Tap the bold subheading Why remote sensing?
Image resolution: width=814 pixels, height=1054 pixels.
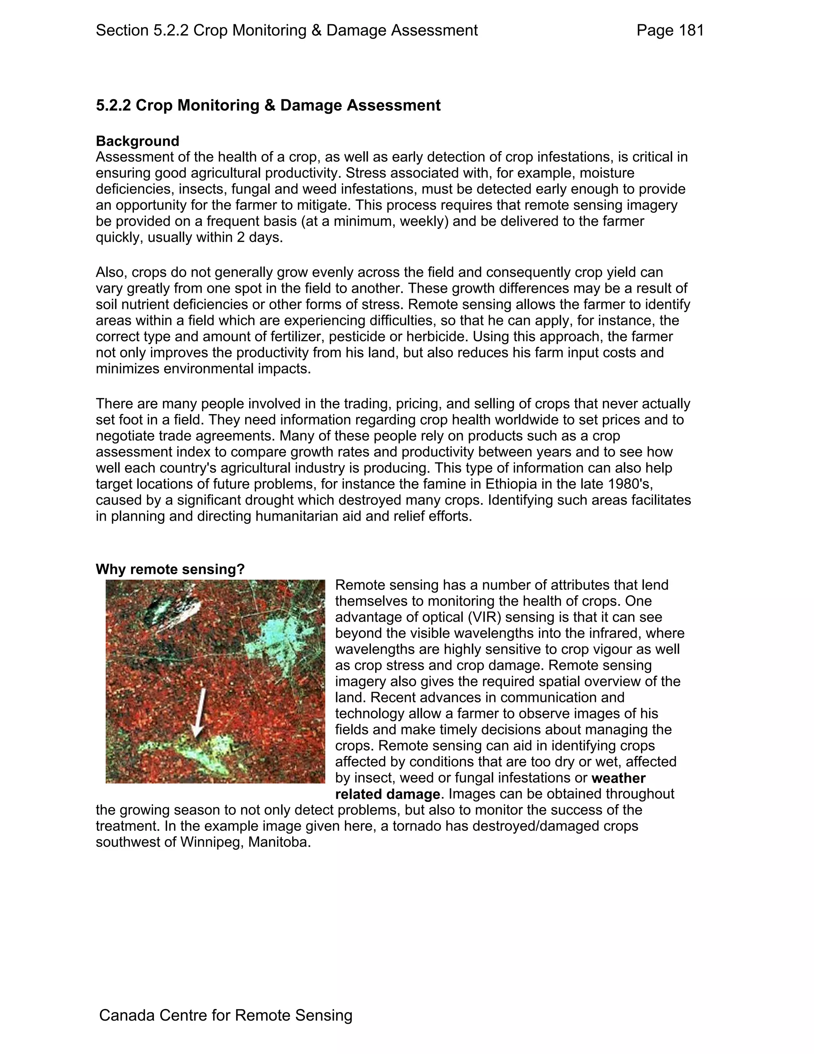point(170,569)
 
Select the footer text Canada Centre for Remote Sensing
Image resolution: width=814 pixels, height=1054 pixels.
point(226,1015)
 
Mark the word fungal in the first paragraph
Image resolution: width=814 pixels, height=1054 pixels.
point(251,189)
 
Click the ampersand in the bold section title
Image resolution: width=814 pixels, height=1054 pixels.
point(269,105)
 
